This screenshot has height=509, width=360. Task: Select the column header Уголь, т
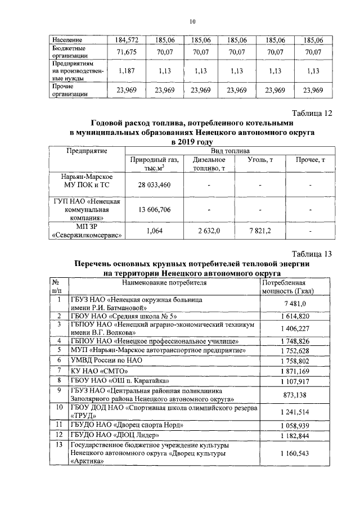point(260,160)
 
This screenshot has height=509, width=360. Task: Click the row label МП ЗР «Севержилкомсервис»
point(87,231)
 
